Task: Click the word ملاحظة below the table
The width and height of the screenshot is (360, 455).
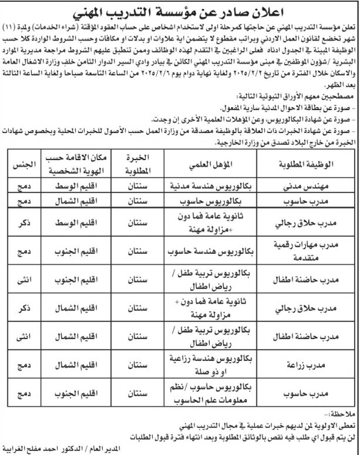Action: pyautogui.click(x=343, y=413)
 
